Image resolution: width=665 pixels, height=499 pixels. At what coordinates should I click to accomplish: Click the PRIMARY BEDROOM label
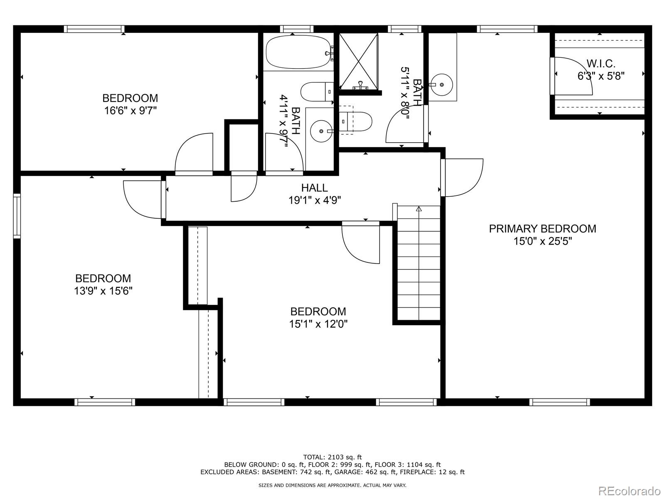(x=542, y=228)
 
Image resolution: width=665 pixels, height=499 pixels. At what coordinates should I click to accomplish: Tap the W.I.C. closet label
(x=601, y=64)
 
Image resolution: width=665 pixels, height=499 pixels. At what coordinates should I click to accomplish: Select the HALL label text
(x=315, y=188)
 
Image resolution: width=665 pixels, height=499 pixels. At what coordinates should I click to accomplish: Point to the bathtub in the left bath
(x=298, y=52)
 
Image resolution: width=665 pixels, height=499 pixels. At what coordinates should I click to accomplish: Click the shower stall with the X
(x=358, y=62)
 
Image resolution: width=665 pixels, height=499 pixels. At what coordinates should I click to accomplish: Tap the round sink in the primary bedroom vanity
(x=442, y=84)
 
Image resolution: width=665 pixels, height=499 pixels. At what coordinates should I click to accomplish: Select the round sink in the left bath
(x=321, y=131)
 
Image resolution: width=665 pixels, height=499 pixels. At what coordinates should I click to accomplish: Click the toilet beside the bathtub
(x=317, y=91)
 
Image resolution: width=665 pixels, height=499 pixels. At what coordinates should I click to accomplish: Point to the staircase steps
(x=419, y=263)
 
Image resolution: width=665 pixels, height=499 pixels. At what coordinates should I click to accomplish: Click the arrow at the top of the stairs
(x=419, y=208)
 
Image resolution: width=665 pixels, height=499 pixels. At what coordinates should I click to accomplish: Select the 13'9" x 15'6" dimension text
(x=103, y=291)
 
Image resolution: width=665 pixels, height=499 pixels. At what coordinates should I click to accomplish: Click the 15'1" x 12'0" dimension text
(x=318, y=324)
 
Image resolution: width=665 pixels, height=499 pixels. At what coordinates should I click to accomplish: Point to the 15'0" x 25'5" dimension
(x=542, y=241)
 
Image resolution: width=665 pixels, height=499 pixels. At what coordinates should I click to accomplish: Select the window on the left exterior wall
(x=17, y=216)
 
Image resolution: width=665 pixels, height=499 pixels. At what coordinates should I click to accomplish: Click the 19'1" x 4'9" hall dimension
(x=315, y=200)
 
